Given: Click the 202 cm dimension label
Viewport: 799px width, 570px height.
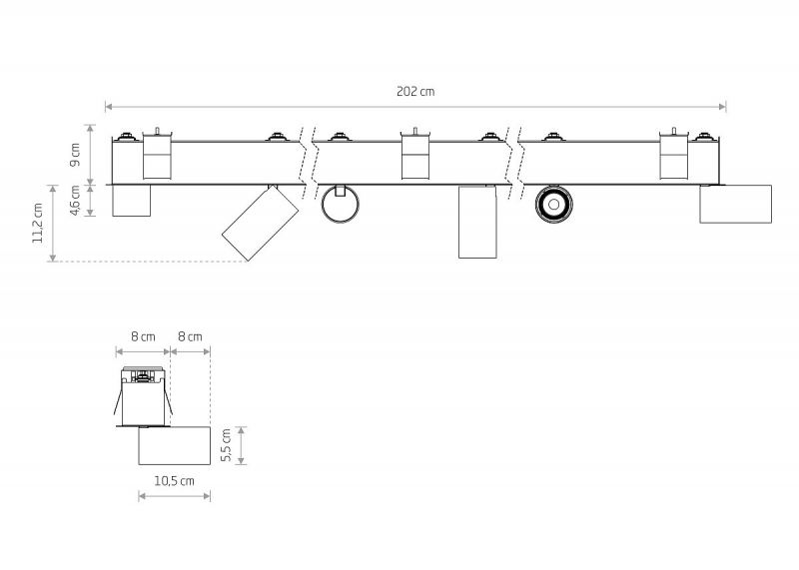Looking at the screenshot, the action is coord(415,92).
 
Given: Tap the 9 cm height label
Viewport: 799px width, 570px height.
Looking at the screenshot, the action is coord(75,155).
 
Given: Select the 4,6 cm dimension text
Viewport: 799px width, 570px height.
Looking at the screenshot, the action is coord(75,201).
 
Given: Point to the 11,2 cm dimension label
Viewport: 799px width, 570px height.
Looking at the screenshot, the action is coord(38,224).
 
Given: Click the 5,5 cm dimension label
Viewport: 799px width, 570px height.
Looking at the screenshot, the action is coord(227,445).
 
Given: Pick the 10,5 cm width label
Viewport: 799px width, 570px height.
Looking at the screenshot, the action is coord(174,481).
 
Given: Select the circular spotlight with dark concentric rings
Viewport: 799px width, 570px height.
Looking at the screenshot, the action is coord(554,205).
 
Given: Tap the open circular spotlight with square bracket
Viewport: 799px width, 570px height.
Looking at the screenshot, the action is coord(340,205).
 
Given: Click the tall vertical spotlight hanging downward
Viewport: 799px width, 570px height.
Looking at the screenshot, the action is coord(477,222).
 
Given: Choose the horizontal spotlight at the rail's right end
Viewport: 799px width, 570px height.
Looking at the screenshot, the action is coord(735,204).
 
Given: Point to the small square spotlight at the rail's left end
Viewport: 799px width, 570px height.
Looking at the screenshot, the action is coord(131,201).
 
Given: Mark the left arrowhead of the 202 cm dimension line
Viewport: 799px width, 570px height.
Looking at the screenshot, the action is coord(109,107).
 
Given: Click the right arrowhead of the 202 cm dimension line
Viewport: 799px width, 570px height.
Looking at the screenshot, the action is coord(722,107).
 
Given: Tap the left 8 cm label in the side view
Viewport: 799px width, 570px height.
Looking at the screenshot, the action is coord(143,336).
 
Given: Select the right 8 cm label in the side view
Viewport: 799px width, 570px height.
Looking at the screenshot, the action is coord(190,336).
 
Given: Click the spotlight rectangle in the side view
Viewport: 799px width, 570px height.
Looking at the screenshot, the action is coord(174,445).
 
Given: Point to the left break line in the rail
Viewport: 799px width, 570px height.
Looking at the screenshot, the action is coord(309,163).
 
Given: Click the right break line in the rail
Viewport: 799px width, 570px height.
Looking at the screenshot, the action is coord(514,163).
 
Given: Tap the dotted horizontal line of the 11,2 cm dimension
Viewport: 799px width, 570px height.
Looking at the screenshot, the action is coord(151,262).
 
